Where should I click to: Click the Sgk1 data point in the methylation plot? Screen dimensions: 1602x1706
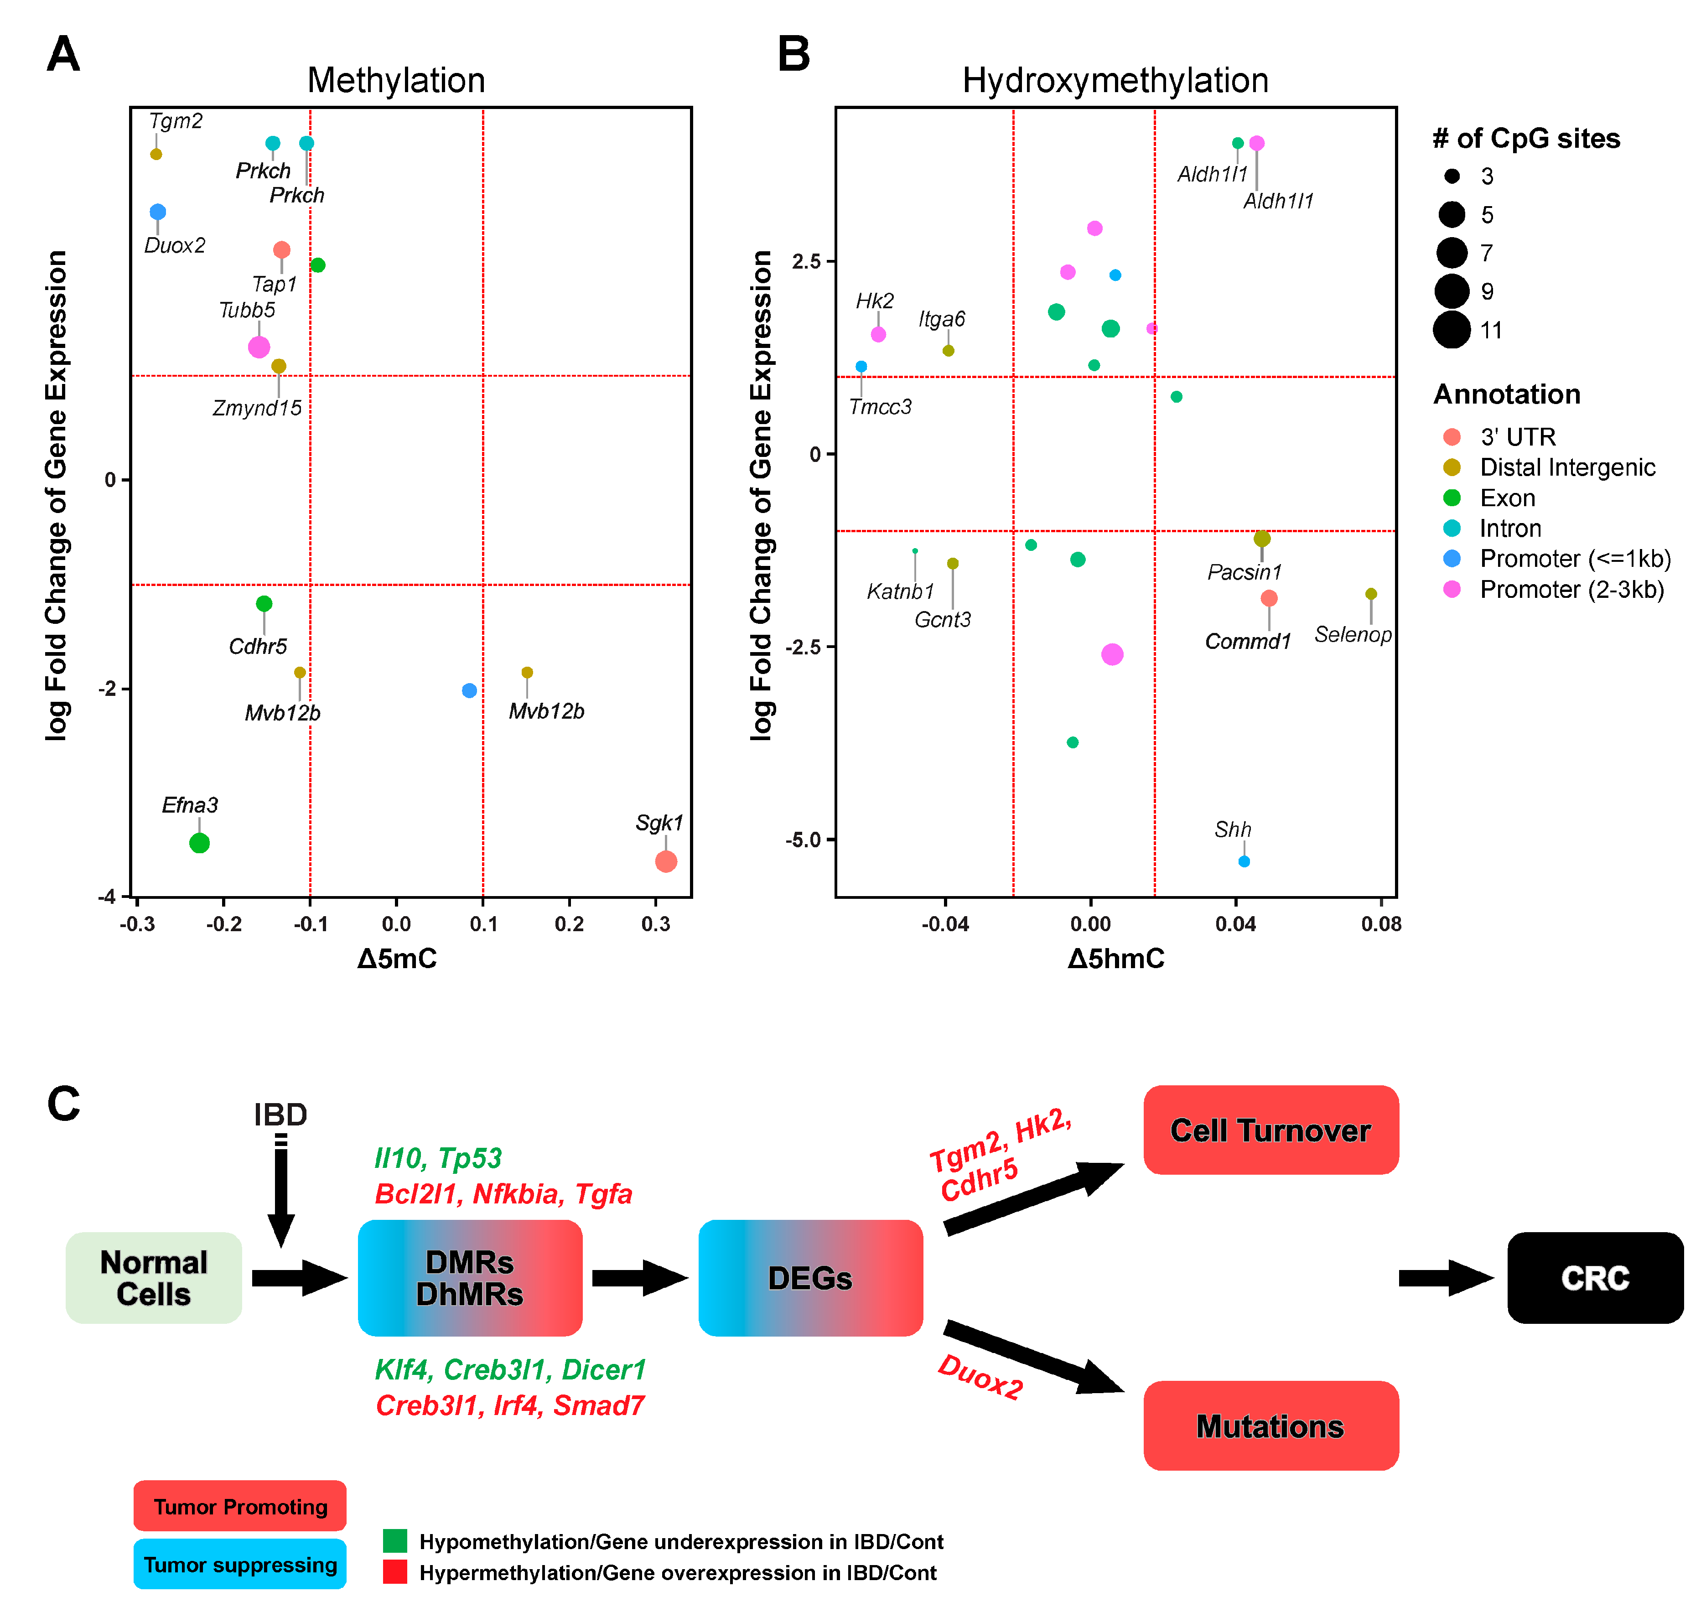coord(666,861)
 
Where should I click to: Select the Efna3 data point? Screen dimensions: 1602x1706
coord(199,844)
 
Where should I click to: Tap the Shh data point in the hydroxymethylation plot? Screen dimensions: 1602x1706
coord(1244,861)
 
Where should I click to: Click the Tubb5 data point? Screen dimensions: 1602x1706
coord(259,347)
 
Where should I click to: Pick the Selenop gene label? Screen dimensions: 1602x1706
coord(1353,634)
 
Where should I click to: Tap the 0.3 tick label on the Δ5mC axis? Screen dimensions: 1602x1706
coord(656,924)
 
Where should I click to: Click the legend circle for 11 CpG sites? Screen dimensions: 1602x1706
coord(1452,330)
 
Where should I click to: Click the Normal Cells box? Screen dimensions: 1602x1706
coord(154,1278)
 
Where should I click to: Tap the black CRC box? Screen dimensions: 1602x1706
coord(1594,1278)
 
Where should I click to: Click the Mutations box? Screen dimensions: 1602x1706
coord(1270,1426)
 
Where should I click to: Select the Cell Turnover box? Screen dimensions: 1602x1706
coord(1270,1130)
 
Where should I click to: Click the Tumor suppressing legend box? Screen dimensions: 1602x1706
coord(240,1564)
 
